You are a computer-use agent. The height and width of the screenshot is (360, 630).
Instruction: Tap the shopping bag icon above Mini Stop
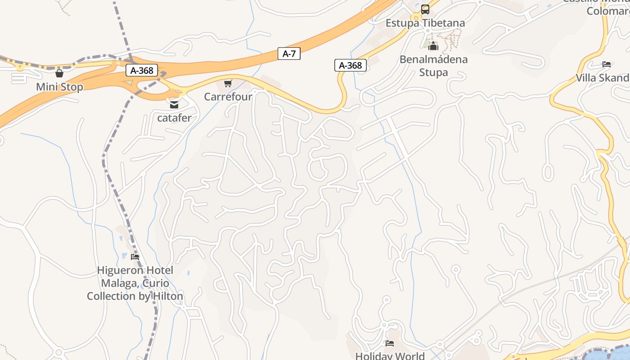(x=59, y=73)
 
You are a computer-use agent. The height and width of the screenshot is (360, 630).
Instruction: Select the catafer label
(x=174, y=118)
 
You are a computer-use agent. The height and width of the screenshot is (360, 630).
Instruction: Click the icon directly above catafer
(x=174, y=105)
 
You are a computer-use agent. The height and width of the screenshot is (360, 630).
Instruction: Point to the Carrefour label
(x=228, y=96)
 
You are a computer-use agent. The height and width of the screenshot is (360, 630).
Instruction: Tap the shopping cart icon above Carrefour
(x=228, y=83)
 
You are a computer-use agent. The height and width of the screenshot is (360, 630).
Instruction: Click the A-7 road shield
(x=289, y=54)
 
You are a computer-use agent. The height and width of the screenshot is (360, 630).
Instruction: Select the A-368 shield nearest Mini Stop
(x=142, y=70)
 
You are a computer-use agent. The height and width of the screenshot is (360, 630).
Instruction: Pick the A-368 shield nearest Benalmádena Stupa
(x=350, y=65)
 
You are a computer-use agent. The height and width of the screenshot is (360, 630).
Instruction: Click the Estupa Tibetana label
(x=425, y=22)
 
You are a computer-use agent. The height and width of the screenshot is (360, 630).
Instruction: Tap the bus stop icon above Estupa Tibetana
(x=425, y=9)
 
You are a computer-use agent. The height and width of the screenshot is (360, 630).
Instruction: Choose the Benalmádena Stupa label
(x=433, y=66)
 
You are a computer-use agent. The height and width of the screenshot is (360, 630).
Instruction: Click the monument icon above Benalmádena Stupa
(x=433, y=46)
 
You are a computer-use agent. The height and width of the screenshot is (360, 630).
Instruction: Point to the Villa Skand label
(x=603, y=77)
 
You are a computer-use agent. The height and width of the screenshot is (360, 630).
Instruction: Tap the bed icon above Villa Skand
(x=607, y=64)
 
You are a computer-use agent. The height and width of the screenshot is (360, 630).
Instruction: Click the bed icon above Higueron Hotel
(x=135, y=257)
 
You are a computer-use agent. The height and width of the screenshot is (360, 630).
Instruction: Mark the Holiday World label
(x=390, y=355)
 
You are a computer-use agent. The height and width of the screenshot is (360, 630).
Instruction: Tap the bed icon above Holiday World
(x=390, y=343)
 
